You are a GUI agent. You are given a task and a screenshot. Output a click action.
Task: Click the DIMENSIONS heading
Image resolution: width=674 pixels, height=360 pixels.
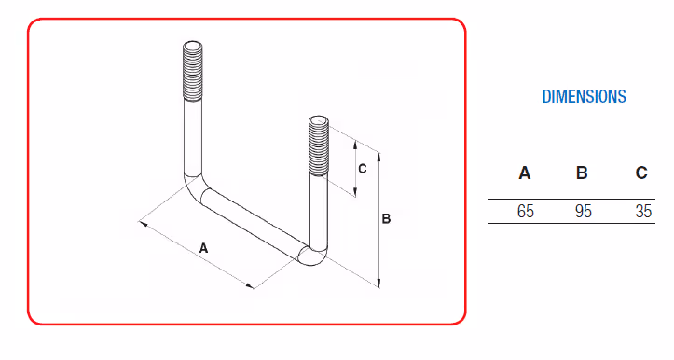point(584,96)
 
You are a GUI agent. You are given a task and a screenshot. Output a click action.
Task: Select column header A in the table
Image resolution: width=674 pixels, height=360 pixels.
point(525,173)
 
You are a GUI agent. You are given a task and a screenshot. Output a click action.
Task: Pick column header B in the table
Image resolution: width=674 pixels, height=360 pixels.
point(582,173)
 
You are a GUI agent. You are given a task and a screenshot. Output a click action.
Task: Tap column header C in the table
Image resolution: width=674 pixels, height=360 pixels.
point(641,173)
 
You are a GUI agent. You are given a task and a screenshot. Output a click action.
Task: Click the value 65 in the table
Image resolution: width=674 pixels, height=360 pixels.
point(525,211)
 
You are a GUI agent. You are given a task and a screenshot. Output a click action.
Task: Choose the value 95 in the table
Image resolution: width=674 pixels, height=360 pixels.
point(584,211)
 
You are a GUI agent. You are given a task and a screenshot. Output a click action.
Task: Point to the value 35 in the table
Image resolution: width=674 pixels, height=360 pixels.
point(643,211)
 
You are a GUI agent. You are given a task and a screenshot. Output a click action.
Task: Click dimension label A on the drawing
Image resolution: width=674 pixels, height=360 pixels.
point(203,248)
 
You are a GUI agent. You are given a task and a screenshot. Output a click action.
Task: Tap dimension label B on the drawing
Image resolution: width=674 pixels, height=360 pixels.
point(386,219)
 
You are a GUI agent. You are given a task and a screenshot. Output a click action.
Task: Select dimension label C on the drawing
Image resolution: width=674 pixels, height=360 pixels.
point(363,169)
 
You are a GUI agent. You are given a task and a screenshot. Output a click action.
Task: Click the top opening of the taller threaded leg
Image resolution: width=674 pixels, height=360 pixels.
point(193,46)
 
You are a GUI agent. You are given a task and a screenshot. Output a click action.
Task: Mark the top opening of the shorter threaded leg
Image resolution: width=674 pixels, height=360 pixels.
point(319,121)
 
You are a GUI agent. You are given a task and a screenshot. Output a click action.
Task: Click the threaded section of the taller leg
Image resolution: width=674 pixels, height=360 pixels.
point(193,73)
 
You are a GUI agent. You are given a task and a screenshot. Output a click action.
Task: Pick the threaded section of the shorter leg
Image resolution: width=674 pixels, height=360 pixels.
point(319,147)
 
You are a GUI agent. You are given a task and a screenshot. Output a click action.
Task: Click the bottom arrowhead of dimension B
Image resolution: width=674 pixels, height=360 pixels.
point(378,284)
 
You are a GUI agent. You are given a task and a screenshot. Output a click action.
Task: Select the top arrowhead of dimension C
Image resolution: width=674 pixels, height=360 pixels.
point(355,144)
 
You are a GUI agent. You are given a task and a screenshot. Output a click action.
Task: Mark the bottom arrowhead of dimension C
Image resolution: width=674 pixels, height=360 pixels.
point(355,193)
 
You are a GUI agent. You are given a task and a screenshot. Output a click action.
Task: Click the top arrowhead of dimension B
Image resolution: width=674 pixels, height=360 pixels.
point(378,157)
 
